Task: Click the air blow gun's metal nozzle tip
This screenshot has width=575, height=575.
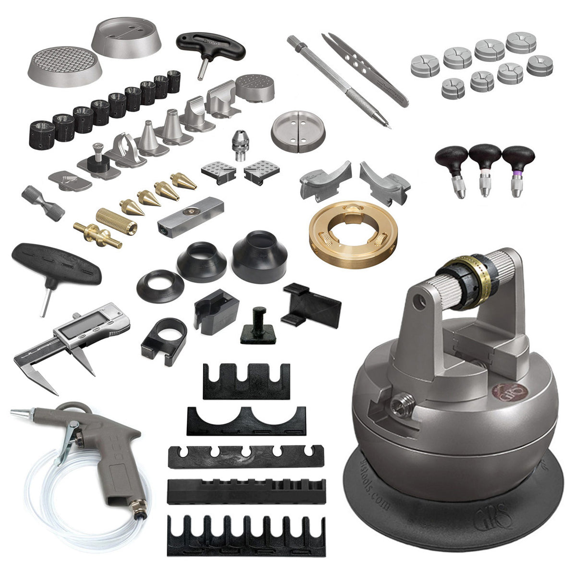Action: (x=19, y=412)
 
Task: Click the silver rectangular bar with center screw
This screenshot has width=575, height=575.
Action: (x=190, y=216)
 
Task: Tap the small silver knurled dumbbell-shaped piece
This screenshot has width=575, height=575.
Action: (x=43, y=203)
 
